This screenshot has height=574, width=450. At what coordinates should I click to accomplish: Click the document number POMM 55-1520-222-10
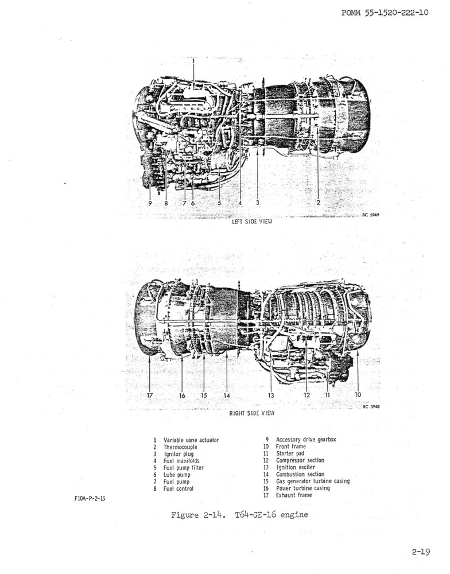pos(385,13)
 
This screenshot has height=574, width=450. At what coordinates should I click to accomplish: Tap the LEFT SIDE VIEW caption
pos(253,222)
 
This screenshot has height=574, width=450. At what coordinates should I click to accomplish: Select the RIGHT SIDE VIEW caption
pos(252,413)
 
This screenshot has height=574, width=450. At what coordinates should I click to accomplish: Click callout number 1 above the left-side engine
pos(193,61)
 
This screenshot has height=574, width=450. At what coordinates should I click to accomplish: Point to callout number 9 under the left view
pos(150,203)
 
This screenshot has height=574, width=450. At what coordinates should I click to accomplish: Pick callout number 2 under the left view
pos(318,203)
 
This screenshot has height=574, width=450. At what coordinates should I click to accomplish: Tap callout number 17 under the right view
pos(150,395)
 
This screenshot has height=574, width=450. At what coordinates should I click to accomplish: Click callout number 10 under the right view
pos(358,395)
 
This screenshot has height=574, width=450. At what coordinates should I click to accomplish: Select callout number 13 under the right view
pos(271,395)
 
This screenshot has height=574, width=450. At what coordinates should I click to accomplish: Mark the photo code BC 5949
pos(371,215)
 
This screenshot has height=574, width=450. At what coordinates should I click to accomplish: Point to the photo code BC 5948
pos(371,406)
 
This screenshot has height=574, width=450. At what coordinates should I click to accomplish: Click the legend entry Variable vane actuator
pos(191,440)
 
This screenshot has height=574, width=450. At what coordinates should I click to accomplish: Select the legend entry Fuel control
pos(179,488)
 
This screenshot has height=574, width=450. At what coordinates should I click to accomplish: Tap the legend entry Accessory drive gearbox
pos(306,439)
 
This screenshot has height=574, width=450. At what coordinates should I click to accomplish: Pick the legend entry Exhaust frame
pos(294,495)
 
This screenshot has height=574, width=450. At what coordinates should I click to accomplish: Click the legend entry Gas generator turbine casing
pos(313,482)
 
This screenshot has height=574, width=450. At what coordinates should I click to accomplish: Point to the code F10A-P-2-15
pos(90,498)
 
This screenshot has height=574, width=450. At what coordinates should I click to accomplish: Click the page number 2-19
pos(421,552)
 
